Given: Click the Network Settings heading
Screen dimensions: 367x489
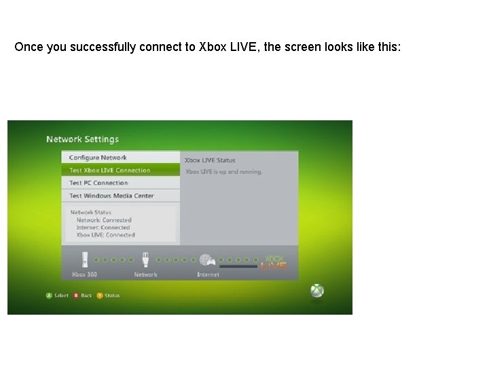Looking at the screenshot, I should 82,139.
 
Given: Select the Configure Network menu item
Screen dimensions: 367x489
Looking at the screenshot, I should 98,158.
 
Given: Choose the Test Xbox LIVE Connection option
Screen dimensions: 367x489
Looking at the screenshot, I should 109,170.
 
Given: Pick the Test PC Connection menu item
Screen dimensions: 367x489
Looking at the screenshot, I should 98,183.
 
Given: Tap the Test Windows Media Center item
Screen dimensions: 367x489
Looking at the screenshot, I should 111,196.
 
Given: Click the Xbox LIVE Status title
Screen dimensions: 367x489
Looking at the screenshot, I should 210,160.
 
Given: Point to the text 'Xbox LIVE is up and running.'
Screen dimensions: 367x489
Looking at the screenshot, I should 223,172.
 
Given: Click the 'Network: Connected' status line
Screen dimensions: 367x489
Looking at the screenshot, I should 103,220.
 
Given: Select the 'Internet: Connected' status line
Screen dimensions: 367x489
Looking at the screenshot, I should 103,228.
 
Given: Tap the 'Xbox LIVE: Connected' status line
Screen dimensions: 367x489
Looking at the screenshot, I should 105,235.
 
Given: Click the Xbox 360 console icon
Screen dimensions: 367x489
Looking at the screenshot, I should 85,260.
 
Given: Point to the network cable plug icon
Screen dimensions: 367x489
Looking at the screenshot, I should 145,260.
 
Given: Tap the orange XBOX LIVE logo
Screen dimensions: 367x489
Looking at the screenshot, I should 274,262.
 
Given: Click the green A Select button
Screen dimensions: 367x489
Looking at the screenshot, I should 49,296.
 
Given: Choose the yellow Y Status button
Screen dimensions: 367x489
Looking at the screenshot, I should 100,296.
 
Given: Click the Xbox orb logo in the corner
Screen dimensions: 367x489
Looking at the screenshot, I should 317,290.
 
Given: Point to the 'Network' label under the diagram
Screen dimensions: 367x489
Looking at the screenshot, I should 145,275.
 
